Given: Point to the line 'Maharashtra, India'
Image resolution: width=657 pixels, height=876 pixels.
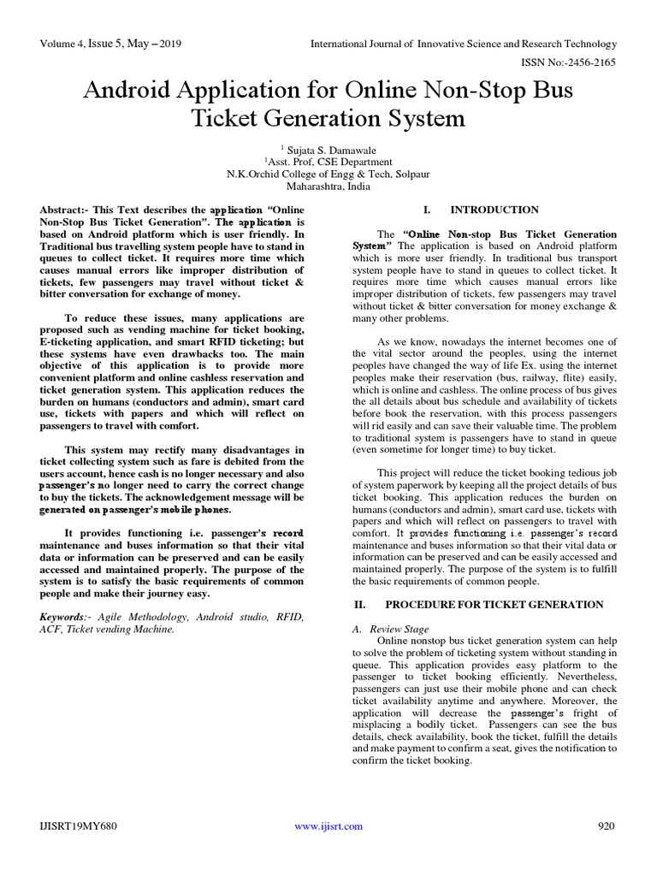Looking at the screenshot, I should click(x=328, y=184).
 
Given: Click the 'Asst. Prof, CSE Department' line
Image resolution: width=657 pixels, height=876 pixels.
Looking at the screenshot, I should click(x=328, y=160).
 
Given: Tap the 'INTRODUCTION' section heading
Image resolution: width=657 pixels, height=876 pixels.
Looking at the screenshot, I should click(x=494, y=210).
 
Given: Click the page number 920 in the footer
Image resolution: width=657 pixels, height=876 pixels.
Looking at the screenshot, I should click(x=606, y=826).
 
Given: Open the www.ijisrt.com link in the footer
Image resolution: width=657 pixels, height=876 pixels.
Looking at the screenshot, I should click(x=328, y=826).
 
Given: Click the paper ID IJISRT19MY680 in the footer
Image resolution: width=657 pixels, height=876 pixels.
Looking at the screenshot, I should click(x=79, y=826).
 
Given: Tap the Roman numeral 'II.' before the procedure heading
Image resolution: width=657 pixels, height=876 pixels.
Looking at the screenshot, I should click(x=360, y=604).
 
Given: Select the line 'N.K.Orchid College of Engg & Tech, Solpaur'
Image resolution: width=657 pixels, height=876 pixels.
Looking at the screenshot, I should click(x=328, y=172).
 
